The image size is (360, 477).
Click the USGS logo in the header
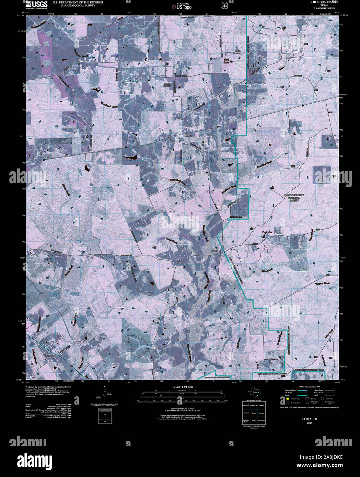[36, 4]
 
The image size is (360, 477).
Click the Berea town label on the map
[187, 136]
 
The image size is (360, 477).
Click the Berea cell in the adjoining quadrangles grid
[254, 413]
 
